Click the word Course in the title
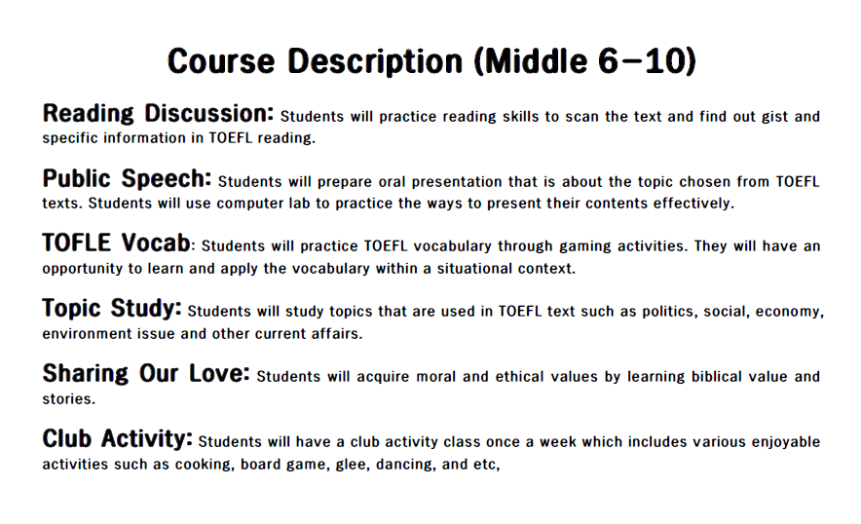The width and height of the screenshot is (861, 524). point(221,60)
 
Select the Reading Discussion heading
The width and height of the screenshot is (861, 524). point(158,114)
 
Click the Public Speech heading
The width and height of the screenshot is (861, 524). point(127,178)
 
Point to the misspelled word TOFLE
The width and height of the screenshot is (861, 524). point(77,243)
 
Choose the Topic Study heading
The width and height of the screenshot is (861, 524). point(112,308)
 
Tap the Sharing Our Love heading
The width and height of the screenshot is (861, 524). point(146,373)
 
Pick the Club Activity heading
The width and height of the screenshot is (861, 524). point(118,438)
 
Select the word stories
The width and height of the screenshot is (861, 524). point(68,399)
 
